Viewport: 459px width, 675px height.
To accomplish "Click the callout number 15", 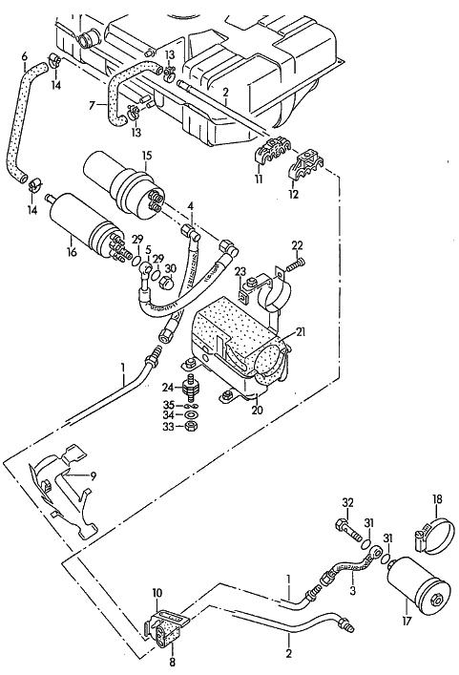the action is pyautogui.click(x=147, y=156).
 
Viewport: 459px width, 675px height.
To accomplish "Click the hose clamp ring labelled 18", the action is pyautogui.click(x=434, y=535).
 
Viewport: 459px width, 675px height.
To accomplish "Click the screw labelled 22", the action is pyautogui.click(x=296, y=265).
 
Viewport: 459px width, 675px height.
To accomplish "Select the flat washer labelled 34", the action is pyautogui.click(x=189, y=415).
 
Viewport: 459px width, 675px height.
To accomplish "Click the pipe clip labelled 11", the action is pyautogui.click(x=271, y=153).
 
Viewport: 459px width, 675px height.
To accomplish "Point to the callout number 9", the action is pyautogui.click(x=94, y=476).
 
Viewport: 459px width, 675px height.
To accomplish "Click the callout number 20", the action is pyautogui.click(x=258, y=411).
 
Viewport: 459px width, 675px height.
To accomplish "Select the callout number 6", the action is pyautogui.click(x=24, y=56).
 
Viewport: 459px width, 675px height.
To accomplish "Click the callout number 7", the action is pyautogui.click(x=92, y=105).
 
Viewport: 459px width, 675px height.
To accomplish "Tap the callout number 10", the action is pyautogui.click(x=156, y=593).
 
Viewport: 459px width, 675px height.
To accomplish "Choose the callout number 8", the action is pyautogui.click(x=172, y=662).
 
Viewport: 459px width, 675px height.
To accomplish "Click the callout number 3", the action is pyautogui.click(x=353, y=591).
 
